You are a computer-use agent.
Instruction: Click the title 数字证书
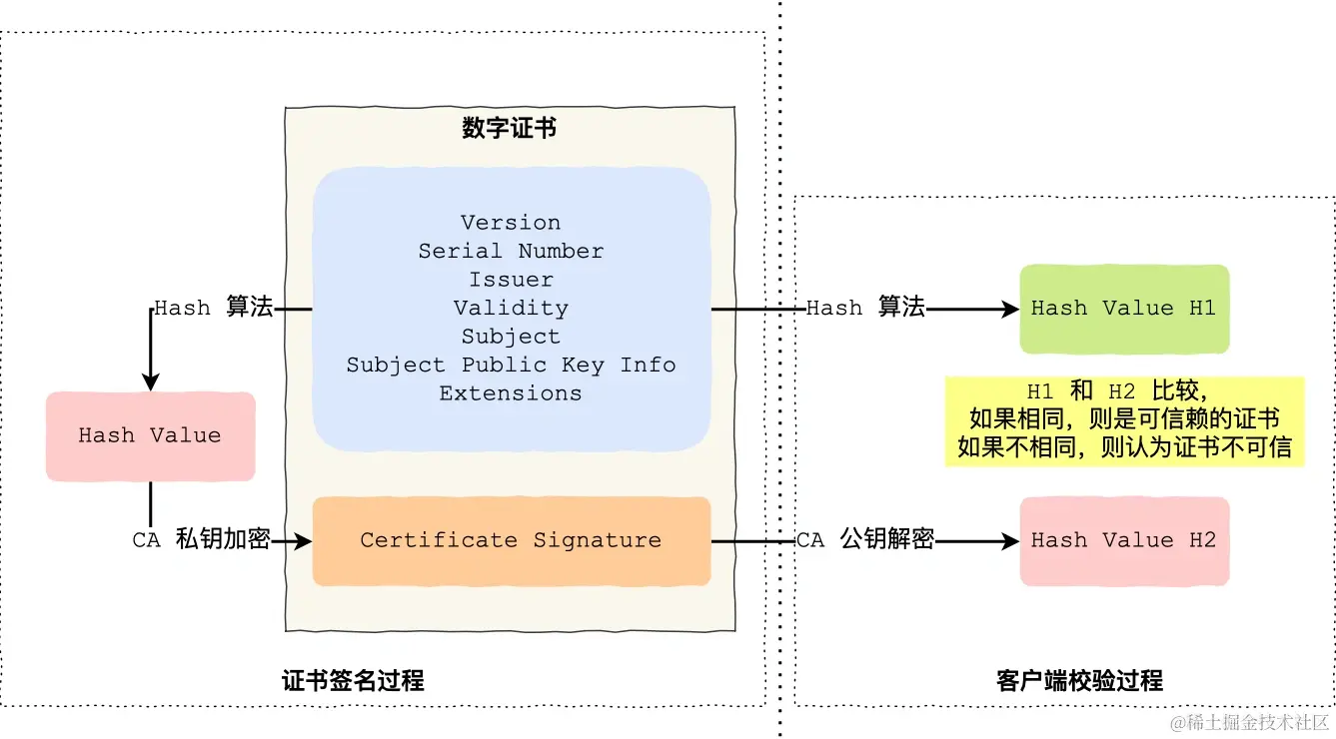click(x=510, y=128)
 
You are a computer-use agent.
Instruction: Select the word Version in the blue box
click(x=511, y=223)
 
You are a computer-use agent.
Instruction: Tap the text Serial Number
click(x=511, y=251)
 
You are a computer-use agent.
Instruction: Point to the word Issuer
click(x=511, y=280)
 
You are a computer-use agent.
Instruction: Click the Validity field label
click(x=511, y=308)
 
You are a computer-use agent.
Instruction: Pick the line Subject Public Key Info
click(x=511, y=365)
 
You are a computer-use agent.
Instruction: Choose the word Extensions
click(x=511, y=393)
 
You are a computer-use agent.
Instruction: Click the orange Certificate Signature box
click(x=511, y=540)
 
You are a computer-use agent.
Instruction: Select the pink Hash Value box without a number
click(x=150, y=435)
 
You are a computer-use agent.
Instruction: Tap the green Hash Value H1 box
click(x=1123, y=309)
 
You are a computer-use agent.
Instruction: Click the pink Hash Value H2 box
click(x=1123, y=540)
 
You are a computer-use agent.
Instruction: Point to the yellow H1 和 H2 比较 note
click(x=1124, y=419)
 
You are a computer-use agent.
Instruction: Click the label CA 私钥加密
click(x=201, y=540)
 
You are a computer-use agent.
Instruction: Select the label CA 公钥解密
click(x=865, y=540)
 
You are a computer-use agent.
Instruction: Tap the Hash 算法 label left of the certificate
click(x=213, y=308)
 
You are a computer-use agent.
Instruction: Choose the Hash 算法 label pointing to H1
click(x=865, y=308)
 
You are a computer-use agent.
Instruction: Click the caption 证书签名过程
click(x=353, y=681)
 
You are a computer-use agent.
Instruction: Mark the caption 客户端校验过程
click(x=1079, y=681)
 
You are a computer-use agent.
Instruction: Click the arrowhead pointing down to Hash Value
click(x=151, y=381)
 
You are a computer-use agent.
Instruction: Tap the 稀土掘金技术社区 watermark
click(x=1249, y=721)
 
